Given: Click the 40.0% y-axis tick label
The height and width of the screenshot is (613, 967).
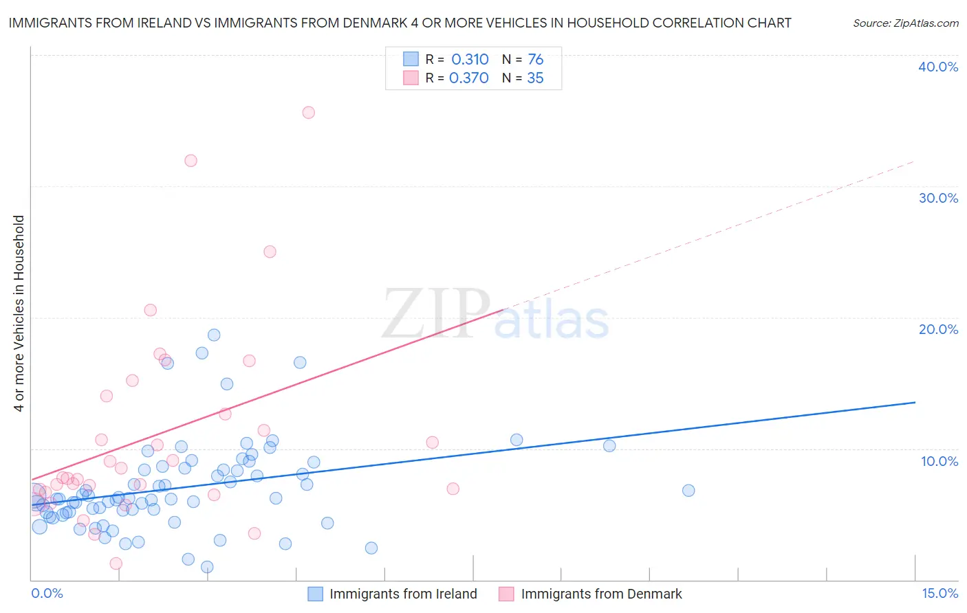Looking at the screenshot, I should tap(938, 67).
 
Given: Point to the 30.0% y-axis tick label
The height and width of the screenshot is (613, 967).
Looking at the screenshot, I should tap(938, 198).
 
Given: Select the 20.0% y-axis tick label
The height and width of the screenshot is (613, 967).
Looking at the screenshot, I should tap(938, 329).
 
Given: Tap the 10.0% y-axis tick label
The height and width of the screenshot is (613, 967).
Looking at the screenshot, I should tap(938, 461).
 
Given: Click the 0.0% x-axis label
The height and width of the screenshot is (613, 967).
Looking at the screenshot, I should tap(47, 593).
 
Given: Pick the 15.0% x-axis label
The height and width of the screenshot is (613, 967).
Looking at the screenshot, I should tap(939, 593).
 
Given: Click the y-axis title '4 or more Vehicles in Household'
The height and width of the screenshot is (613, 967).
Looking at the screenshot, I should tap(19, 313).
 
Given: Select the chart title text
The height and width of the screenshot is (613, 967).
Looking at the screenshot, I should tap(400, 23).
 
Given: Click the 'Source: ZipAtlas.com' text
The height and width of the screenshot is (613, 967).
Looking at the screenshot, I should tap(905, 23).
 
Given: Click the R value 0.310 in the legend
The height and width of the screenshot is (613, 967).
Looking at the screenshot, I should tap(470, 60).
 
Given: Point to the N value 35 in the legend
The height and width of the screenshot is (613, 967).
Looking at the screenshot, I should tap(535, 78).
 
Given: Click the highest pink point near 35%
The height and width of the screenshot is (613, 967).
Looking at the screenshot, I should tap(309, 113).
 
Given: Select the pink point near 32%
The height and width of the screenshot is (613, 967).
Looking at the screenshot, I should tap(191, 161).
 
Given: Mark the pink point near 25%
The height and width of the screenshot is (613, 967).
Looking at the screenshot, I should tap(270, 252).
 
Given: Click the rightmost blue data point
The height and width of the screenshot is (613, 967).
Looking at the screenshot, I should tap(688, 491).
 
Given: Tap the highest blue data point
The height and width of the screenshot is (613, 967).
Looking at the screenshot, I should tap(214, 335).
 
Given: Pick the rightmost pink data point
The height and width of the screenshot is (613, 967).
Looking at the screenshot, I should tap(453, 489).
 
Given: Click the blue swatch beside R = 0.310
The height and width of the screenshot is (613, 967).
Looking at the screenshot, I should tap(411, 59).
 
